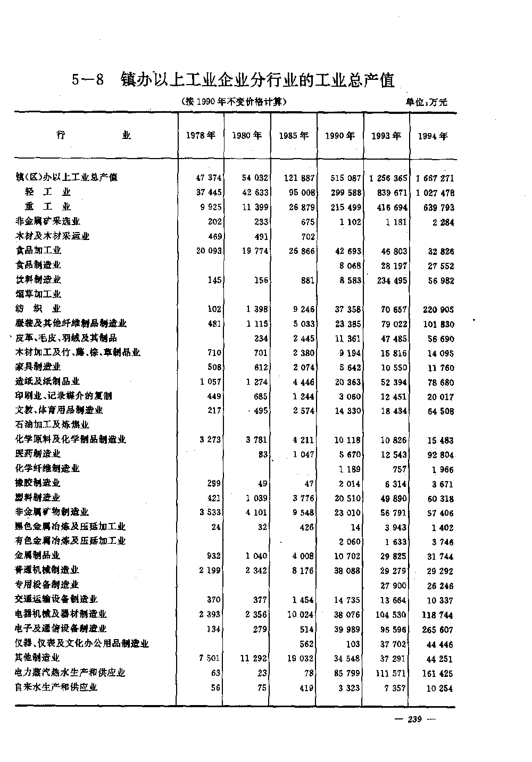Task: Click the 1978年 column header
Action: [x=201, y=136]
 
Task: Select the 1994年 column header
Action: [x=433, y=136]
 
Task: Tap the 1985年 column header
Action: [x=294, y=136]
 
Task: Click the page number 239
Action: [x=414, y=719]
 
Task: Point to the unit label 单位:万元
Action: [x=427, y=102]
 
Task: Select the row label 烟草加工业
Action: [x=38, y=294]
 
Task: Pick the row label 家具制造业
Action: [x=38, y=367]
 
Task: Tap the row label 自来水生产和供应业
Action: [x=56, y=687]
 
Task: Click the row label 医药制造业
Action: [x=38, y=453]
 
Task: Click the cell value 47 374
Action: [x=209, y=178]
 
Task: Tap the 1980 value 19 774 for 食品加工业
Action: [x=255, y=251]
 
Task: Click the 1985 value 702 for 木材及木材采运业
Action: [x=308, y=236]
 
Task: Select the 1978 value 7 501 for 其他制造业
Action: [x=210, y=658]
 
